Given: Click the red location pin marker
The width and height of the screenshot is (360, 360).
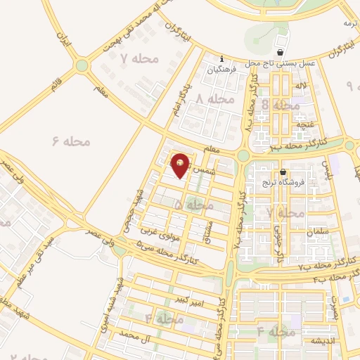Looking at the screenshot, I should coord(181,165).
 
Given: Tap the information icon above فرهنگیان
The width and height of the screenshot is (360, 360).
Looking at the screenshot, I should coord(222,58).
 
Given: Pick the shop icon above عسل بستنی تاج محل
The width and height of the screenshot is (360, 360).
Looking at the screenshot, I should coord(281,52).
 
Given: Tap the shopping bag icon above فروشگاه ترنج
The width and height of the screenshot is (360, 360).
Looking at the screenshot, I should coord(283,172).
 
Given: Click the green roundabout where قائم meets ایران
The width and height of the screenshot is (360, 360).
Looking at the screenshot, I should coord(82,66).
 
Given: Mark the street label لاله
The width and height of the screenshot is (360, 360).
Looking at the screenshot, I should coord(302,85).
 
